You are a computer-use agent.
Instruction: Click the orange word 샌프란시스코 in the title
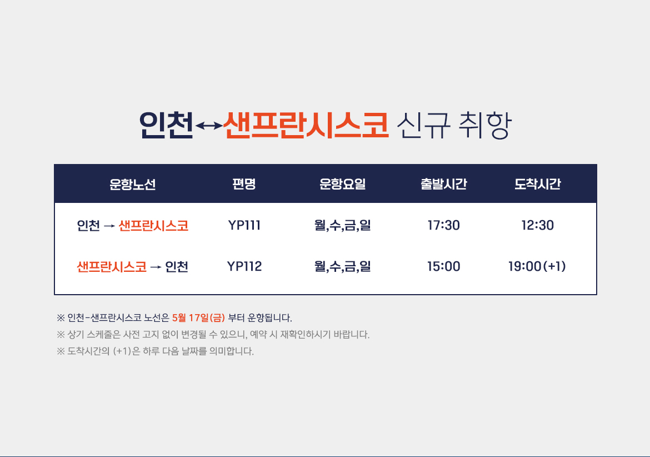(306, 125)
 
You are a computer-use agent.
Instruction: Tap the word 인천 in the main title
(166, 125)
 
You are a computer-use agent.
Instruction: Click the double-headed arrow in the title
(208, 126)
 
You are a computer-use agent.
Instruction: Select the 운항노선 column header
(133, 184)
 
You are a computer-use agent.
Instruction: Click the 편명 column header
(244, 183)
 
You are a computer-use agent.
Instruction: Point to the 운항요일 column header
(342, 183)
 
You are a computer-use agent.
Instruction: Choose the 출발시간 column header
(444, 183)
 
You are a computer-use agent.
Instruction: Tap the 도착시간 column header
(538, 183)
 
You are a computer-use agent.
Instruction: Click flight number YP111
(244, 225)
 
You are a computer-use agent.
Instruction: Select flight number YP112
(244, 266)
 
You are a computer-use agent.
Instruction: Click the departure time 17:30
(443, 225)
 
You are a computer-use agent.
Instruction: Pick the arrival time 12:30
(538, 225)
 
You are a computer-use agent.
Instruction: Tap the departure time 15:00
(443, 266)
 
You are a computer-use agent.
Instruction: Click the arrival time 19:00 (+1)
(537, 266)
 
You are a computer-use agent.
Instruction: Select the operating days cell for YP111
(342, 225)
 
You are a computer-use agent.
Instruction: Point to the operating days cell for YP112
(342, 266)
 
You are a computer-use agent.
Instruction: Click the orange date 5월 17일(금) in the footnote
(198, 318)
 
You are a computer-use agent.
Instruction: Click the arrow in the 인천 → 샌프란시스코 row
(109, 226)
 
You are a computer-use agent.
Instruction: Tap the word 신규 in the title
(423, 125)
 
